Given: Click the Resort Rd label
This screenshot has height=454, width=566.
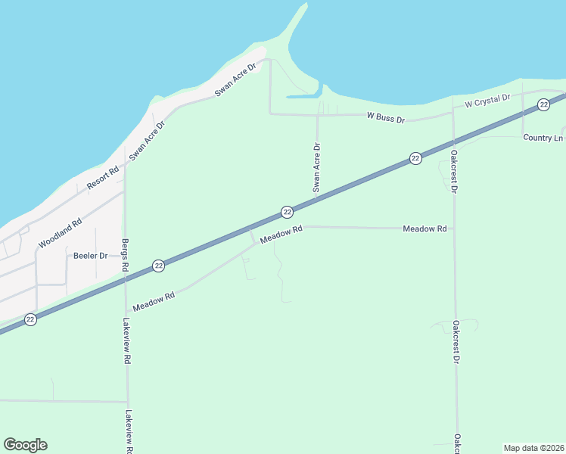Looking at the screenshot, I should pyautogui.click(x=103, y=177).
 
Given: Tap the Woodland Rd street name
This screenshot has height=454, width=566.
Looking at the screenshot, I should pyautogui.click(x=60, y=234).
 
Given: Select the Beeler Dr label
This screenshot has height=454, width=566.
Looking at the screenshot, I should pyautogui.click(x=90, y=256).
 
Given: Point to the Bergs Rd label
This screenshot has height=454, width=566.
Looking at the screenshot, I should pyautogui.click(x=125, y=257).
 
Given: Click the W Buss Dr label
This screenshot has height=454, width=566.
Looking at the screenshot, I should pyautogui.click(x=386, y=118).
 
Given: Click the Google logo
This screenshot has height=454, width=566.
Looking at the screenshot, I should pyautogui.click(x=25, y=445).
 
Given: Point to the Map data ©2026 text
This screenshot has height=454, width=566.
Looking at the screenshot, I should pyautogui.click(x=533, y=448).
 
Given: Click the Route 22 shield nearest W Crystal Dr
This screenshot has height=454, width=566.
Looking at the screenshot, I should pyautogui.click(x=543, y=105).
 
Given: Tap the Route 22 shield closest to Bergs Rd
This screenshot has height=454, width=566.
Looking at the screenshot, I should pyautogui.click(x=158, y=266).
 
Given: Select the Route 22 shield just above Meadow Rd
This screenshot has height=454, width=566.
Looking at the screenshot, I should pyautogui.click(x=287, y=212).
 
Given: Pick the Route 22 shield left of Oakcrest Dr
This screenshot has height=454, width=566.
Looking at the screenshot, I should pyautogui.click(x=415, y=158).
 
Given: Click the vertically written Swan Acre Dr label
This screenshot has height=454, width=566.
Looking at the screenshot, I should pyautogui.click(x=317, y=166).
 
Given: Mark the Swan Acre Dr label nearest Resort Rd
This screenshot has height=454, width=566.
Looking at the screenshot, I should pyautogui.click(x=147, y=141).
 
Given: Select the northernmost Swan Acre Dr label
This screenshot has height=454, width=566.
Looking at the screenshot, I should pyautogui.click(x=235, y=79).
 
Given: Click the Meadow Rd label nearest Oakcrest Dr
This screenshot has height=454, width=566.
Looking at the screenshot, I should pyautogui.click(x=424, y=229).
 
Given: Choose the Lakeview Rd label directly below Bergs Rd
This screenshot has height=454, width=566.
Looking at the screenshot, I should pyautogui.click(x=126, y=341).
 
